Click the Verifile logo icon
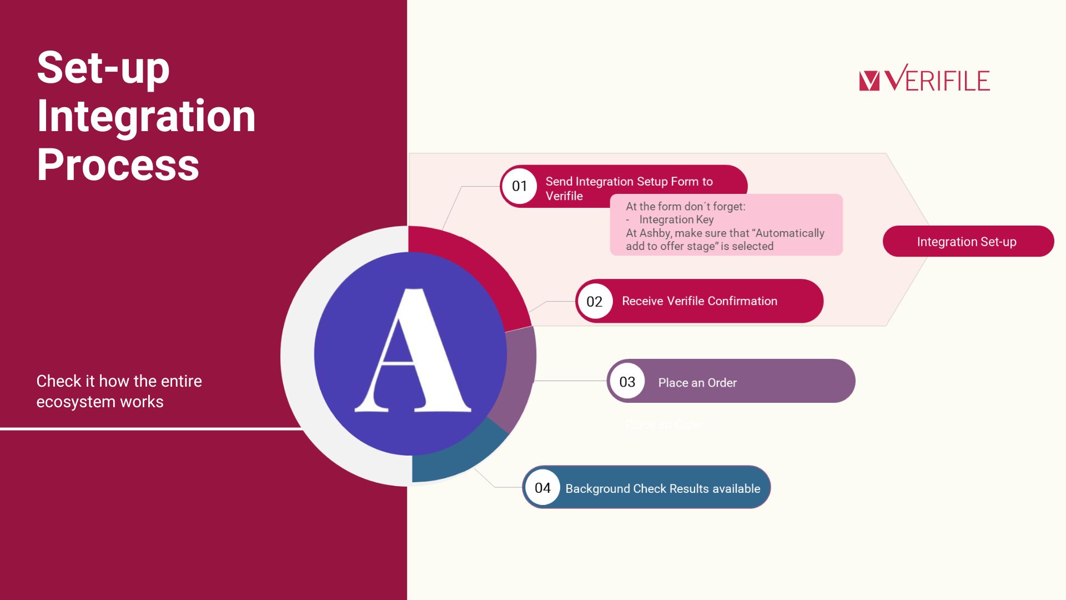pos(869,81)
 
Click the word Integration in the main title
pos(146,116)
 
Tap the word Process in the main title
pos(118,165)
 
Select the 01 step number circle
pos(519,186)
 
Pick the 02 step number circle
pos(595,301)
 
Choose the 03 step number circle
pos(627,382)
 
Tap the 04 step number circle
pos(542,488)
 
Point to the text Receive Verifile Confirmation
pos(700,301)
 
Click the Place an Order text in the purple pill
pos(697,383)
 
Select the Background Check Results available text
pos(663,489)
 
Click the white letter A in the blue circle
pos(413,351)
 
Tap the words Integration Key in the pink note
pos(676,219)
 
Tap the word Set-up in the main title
pos(103,68)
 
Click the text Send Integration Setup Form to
pos(629,182)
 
